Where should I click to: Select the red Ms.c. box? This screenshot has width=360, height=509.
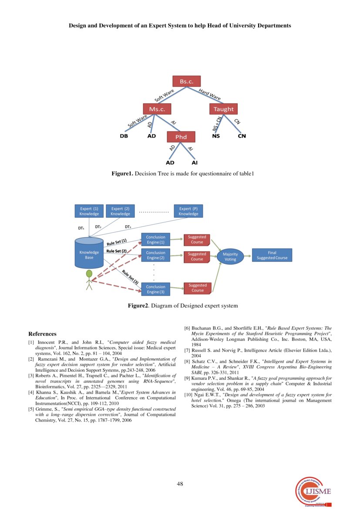coord(157,109)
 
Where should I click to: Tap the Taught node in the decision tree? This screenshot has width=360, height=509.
coord(224,109)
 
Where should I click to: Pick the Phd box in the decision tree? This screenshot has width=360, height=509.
coord(181,137)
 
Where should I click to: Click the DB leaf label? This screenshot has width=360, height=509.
coord(124,136)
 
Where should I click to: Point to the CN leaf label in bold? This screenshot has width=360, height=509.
coord(242,136)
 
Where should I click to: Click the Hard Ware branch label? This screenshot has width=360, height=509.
coord(209,93)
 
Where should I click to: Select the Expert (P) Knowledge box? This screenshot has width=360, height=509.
coord(188,211)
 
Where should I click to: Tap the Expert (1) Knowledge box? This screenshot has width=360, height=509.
coord(89,211)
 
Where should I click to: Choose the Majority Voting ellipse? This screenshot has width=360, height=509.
coord(230,256)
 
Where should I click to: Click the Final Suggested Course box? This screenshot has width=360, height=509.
coord(272,255)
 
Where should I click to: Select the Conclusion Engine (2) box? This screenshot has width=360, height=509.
coord(155,255)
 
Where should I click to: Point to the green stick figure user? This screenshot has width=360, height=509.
coord(89,280)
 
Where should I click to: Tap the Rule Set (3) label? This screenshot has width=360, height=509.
coord(130,277)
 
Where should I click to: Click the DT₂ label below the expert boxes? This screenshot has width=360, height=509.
coord(98,227)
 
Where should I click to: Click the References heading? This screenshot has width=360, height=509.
coord(42,334)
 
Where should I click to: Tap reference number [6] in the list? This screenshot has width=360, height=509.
coord(187,328)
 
